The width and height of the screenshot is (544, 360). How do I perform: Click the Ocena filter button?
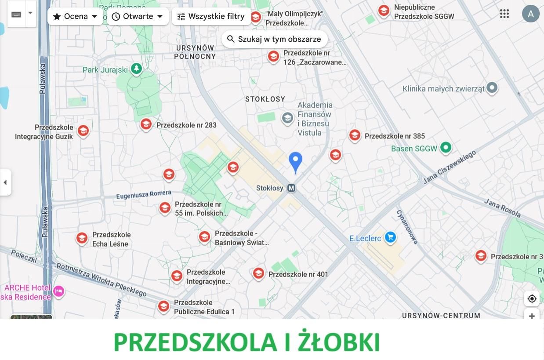pyautogui.click(x=75, y=17)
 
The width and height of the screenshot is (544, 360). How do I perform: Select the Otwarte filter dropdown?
pyautogui.click(x=138, y=17)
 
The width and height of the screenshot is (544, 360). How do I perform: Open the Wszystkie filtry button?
pyautogui.click(x=211, y=17)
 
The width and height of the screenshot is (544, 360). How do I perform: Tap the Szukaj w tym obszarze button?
pyautogui.click(x=274, y=39)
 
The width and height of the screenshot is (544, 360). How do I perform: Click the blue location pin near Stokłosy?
pyautogui.click(x=295, y=161)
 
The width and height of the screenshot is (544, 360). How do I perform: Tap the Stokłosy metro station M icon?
pyautogui.click(x=291, y=188)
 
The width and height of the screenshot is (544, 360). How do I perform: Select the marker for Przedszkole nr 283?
pyautogui.click(x=146, y=124)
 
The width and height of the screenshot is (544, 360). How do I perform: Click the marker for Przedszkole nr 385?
pyautogui.click(x=355, y=135)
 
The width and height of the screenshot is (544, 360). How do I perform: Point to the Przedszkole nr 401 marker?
pyautogui.click(x=258, y=273)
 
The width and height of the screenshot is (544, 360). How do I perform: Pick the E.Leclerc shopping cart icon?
pyautogui.click(x=390, y=237)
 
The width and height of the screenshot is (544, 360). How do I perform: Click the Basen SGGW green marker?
pyautogui.click(x=446, y=148)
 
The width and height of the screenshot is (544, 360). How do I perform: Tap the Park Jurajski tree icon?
pyautogui.click(x=136, y=69)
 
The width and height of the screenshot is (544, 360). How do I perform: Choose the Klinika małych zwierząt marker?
pyautogui.click(x=492, y=88)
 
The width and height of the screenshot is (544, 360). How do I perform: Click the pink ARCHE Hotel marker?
pyautogui.click(x=58, y=291)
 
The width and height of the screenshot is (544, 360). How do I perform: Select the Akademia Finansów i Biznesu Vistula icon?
pyautogui.click(x=287, y=118)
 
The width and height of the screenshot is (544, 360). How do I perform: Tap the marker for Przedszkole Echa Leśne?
pyautogui.click(x=82, y=238)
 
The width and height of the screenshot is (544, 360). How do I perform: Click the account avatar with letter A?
pyautogui.click(x=530, y=14)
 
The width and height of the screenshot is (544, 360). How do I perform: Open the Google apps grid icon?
pyautogui.click(x=504, y=14)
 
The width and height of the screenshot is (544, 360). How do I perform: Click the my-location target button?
pyautogui.click(x=532, y=299)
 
